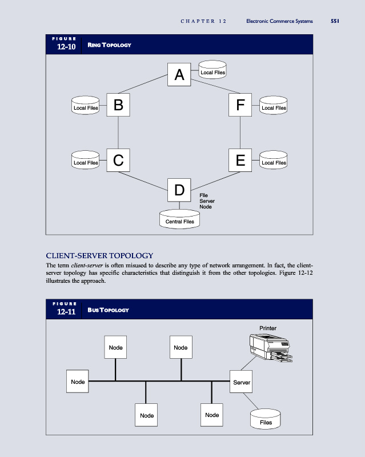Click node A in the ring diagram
coord(179,75)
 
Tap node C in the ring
coord(118,161)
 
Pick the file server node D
coord(179,190)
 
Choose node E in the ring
coord(240,161)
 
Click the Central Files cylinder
coord(179,220)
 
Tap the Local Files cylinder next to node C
coord(86,162)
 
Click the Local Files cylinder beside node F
coord(273,107)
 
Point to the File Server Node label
coord(206,201)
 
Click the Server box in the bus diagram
coord(242,382)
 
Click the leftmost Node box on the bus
coord(78,382)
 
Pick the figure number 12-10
coord(67,47)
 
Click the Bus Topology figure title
coord(109,310)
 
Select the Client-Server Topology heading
coord(99,255)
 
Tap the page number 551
coord(335,21)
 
